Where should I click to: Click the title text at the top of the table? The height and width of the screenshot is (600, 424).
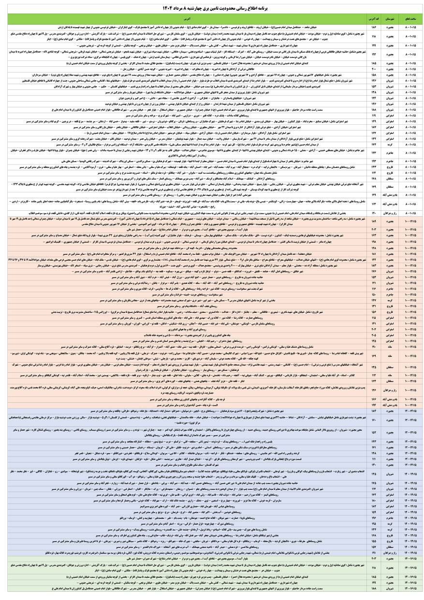coord(212,8)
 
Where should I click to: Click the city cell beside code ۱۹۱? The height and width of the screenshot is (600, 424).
coord(390,553)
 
